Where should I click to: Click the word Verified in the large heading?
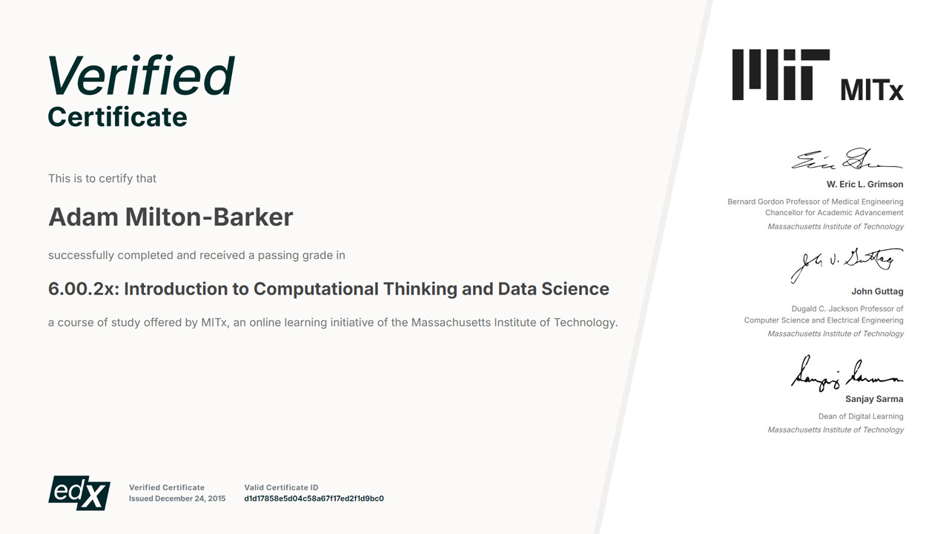(x=141, y=76)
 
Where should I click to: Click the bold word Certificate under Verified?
(x=117, y=117)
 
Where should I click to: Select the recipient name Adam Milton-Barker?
(x=171, y=217)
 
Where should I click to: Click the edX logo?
(x=79, y=493)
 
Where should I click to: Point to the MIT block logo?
(x=781, y=75)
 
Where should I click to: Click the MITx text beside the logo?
(x=872, y=90)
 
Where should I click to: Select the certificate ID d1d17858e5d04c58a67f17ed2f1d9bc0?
(x=314, y=498)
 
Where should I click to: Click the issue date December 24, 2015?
(x=191, y=498)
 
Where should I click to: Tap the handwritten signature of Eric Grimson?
(x=847, y=159)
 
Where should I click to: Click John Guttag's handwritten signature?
(x=847, y=265)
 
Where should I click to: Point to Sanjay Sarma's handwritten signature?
(x=847, y=373)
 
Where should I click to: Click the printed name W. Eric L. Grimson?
(x=864, y=185)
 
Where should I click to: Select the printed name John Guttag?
(x=877, y=291)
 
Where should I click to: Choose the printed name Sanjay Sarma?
(x=874, y=399)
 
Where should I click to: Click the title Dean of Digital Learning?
(x=861, y=416)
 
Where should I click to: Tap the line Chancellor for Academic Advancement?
(x=834, y=213)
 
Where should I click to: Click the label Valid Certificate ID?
(x=281, y=487)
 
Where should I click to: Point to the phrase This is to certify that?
(x=102, y=179)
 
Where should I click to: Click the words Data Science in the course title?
(x=553, y=289)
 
